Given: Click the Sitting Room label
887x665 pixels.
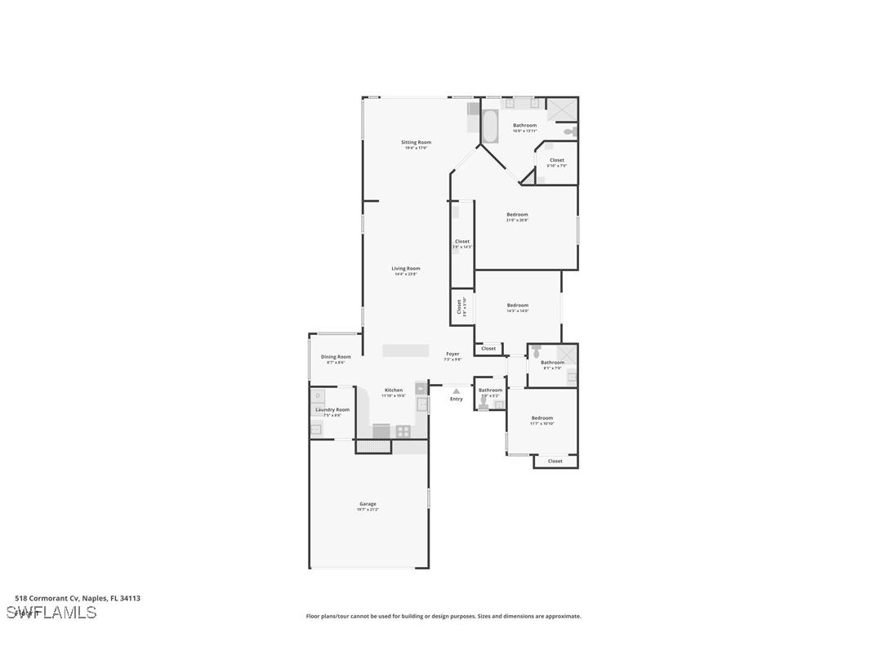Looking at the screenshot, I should click(416, 142).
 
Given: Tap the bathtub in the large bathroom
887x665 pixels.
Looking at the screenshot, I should click(490, 127).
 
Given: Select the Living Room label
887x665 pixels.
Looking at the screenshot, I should click(406, 269).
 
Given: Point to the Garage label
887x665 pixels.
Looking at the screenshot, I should click(368, 504).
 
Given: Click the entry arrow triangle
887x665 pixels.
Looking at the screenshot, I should click(457, 391).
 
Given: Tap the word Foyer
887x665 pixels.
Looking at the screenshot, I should click(452, 354).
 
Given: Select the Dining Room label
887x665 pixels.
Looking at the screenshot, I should click(336, 357).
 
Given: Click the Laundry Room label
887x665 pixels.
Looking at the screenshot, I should click(332, 410).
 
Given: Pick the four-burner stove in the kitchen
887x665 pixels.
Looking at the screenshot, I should click(403, 430).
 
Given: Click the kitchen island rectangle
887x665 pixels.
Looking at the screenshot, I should click(406, 350).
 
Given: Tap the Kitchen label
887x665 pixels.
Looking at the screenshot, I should click(394, 391).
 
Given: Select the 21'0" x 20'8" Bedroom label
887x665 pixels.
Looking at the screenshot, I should click(517, 215).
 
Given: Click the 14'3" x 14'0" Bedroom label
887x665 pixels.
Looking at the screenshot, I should click(517, 306).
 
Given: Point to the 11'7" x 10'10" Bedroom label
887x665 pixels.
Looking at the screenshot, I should click(542, 418).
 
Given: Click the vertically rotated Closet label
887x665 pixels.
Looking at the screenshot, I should click(459, 306).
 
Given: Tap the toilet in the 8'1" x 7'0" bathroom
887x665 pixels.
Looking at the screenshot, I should click(536, 352).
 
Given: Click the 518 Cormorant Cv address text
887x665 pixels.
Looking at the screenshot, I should click(78, 598).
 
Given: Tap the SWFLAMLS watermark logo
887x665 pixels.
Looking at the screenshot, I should click(51, 613).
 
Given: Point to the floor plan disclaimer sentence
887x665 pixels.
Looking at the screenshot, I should click(443, 616).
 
